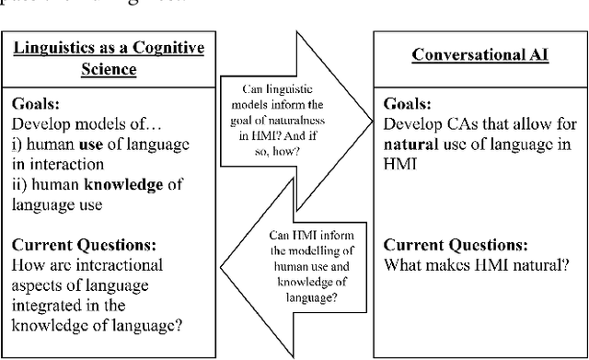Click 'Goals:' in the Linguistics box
tap(46, 105)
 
